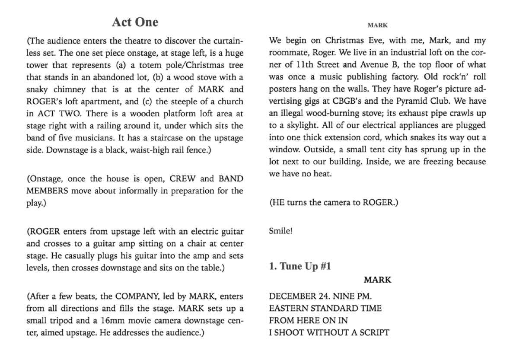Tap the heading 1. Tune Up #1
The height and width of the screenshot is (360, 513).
[x=300, y=266]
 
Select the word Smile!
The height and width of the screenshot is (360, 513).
[x=281, y=231]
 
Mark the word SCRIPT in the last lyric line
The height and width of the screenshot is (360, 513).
[x=375, y=333]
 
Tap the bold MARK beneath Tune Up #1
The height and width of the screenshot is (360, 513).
[x=377, y=280]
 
